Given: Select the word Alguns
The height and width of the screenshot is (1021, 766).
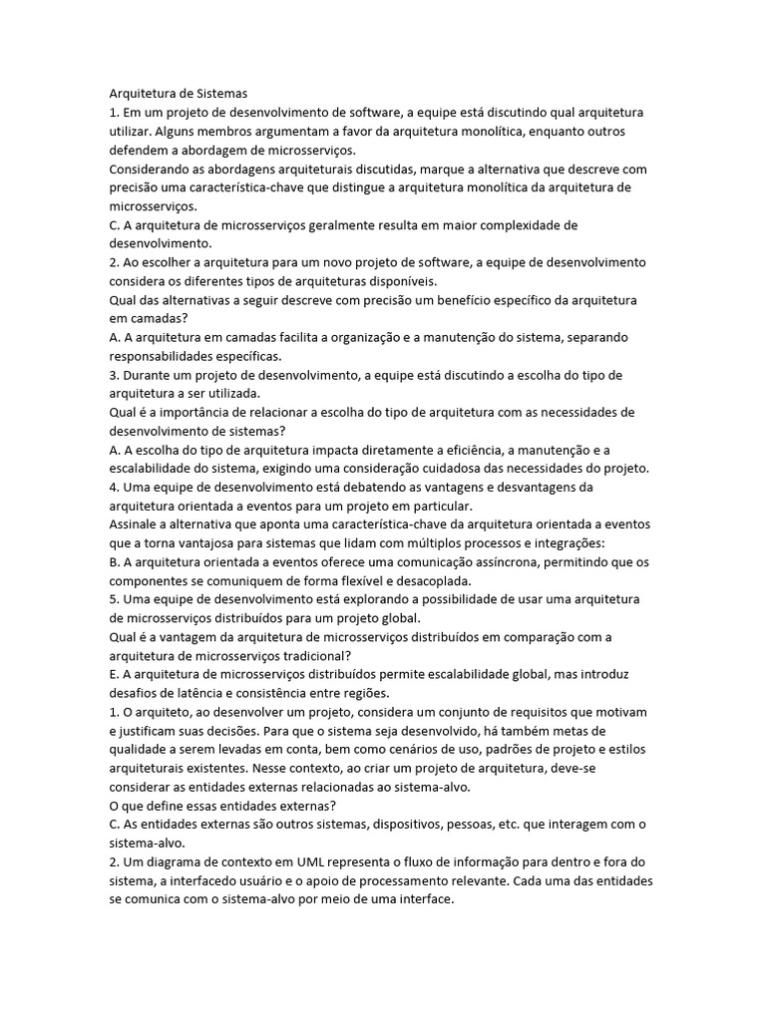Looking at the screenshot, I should (x=181, y=131).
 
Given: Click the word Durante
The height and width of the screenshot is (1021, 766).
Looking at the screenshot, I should (x=148, y=375).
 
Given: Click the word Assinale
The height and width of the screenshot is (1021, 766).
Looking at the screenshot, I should (x=137, y=524).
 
